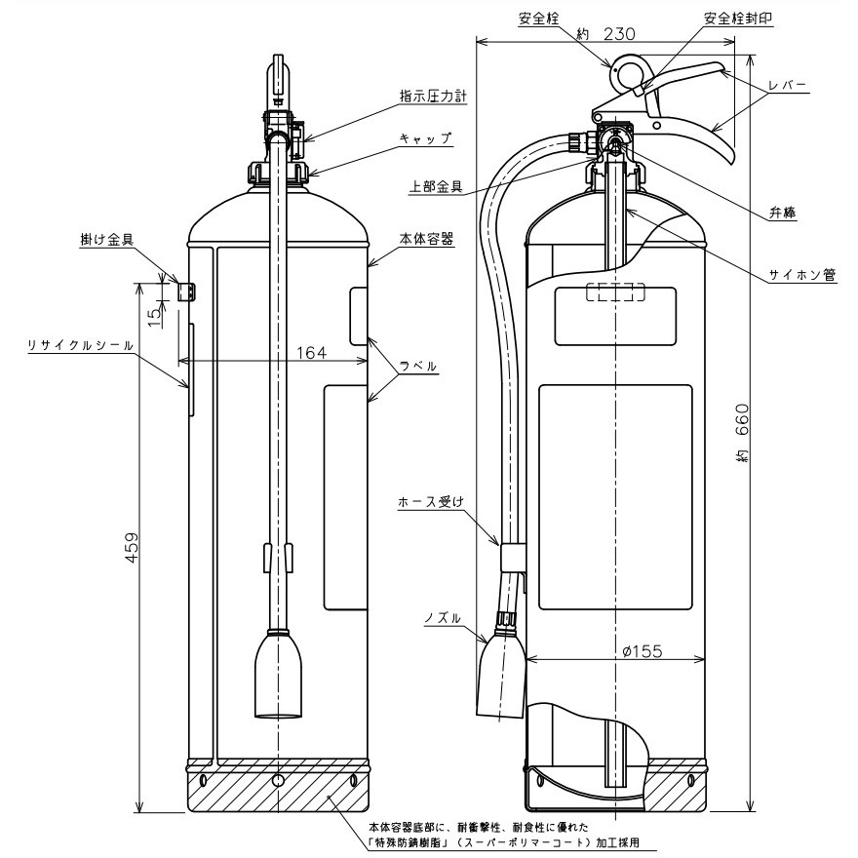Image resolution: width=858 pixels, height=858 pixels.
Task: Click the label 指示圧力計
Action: click(x=433, y=97)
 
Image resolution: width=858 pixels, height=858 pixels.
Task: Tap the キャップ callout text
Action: click(x=425, y=139)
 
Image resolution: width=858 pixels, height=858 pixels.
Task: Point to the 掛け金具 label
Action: click(x=106, y=238)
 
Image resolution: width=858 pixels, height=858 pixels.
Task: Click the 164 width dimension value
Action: click(x=310, y=352)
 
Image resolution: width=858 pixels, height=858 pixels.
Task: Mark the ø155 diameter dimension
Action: click(x=640, y=652)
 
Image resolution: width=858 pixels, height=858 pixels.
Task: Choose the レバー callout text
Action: click(x=787, y=86)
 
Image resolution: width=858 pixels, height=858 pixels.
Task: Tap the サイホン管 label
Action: click(x=803, y=275)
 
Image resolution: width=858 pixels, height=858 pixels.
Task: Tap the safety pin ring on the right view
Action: click(x=625, y=73)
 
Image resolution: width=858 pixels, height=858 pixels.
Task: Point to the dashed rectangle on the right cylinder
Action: click(x=615, y=292)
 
